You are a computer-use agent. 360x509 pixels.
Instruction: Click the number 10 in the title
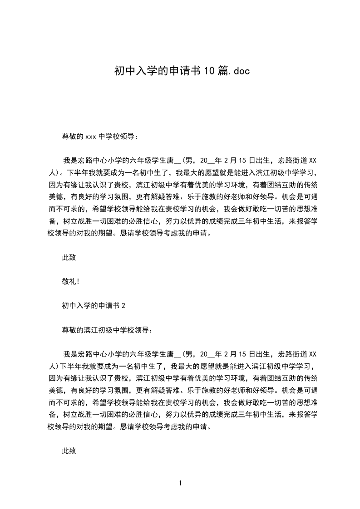point(209,71)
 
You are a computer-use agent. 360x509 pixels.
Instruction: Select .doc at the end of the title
point(237,71)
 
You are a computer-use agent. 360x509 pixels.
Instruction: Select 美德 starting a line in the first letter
point(55,197)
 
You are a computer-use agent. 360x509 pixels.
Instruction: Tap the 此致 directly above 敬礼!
point(69,258)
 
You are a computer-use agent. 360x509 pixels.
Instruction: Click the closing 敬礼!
point(71,282)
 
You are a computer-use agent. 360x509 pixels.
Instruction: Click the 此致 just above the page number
point(69,451)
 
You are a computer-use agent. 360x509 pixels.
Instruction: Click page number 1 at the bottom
point(180,483)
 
